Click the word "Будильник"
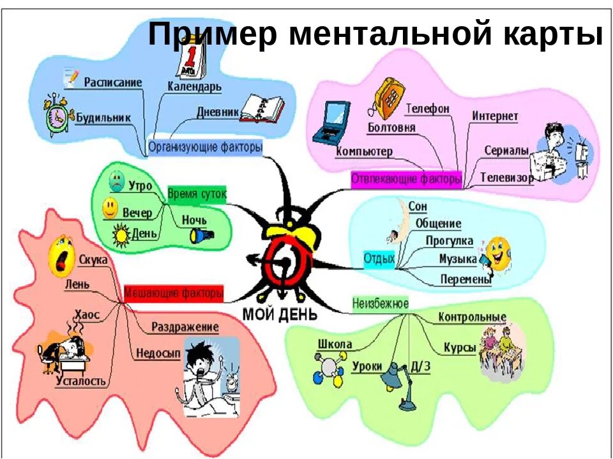[x=103, y=117]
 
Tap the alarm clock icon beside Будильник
[x=56, y=115]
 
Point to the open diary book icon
[x=262, y=108]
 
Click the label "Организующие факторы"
[x=205, y=147]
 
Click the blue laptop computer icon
[x=330, y=123]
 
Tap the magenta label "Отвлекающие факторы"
[x=406, y=179]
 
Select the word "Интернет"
[x=495, y=116]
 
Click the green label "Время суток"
[x=197, y=194]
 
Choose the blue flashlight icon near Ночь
[x=201, y=236]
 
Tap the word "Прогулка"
[x=450, y=241]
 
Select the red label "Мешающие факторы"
[x=174, y=293]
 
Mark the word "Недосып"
[x=158, y=353]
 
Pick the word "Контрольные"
[x=472, y=317]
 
